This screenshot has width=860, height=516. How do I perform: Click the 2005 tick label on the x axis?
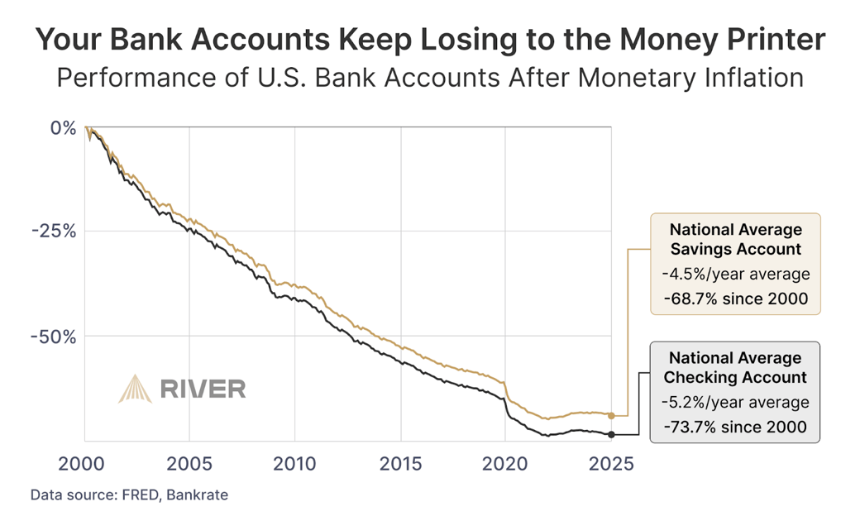pyautogui.click(x=189, y=462)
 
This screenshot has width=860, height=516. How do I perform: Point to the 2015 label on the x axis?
pyautogui.click(x=401, y=462)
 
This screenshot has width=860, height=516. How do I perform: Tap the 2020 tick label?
pyautogui.click(x=506, y=462)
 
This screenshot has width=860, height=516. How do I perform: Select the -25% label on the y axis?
pyautogui.click(x=54, y=232)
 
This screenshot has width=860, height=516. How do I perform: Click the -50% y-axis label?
pyautogui.click(x=54, y=337)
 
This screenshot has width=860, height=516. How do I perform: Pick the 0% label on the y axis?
pyautogui.click(x=63, y=128)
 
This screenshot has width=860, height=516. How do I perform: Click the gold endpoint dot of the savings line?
pyautogui.click(x=611, y=415)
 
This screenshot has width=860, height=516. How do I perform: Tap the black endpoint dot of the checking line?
pyautogui.click(x=611, y=434)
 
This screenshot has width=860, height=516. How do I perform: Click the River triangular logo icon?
pyautogui.click(x=135, y=388)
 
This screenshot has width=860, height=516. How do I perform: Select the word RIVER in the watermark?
pyautogui.click(x=203, y=388)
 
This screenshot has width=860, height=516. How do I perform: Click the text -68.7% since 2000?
pyautogui.click(x=735, y=299)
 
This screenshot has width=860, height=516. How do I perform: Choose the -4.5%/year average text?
pyautogui.click(x=735, y=274)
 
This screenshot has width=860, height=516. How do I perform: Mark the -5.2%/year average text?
pyautogui.click(x=735, y=402)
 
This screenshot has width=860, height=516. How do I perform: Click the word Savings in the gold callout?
pyautogui.click(x=701, y=249)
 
